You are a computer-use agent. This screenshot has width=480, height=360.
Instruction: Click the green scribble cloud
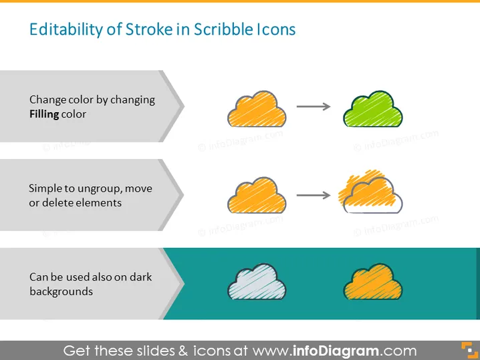pos(373,110)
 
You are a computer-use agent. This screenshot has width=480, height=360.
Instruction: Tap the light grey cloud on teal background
pos(257,282)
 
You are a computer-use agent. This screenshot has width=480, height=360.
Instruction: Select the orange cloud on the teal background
pos(373,282)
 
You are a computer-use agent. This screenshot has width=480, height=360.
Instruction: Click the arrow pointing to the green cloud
pos(314,106)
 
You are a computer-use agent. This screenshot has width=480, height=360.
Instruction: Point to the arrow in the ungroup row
pos(314,195)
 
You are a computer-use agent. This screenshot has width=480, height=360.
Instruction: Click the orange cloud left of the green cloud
pos(257,110)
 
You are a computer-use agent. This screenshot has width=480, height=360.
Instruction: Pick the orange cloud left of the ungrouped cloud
pos(257,196)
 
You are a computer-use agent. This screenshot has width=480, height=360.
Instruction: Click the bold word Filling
pos(44,114)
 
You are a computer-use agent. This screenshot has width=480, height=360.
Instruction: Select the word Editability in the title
pos(66,29)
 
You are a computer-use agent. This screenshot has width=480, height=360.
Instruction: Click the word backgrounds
pos(62,291)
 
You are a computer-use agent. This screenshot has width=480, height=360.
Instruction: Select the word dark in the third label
pos(140,277)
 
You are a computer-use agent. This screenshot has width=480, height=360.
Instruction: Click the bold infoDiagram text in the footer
pos(336,351)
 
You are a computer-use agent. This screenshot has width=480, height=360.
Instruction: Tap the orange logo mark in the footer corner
pos(469,351)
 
